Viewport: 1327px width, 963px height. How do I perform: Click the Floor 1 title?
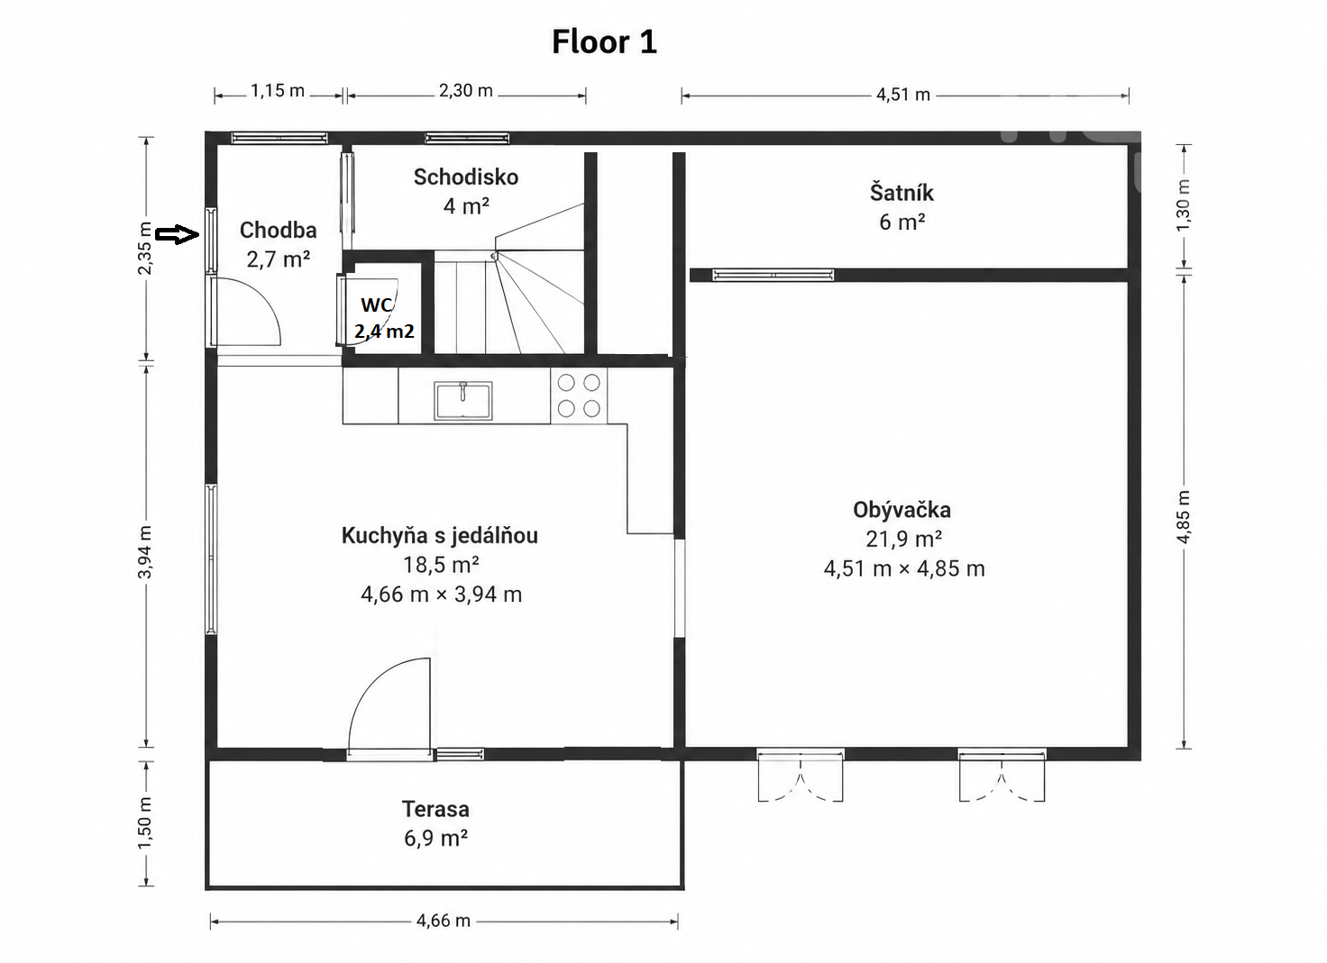coord(604,42)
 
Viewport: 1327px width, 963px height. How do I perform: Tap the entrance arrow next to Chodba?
coord(177,234)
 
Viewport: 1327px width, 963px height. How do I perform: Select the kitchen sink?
coord(463,400)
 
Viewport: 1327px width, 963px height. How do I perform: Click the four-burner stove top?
coord(579,396)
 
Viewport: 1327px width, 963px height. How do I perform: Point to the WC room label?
coord(377,304)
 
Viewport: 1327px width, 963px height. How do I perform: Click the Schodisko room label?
coord(466,177)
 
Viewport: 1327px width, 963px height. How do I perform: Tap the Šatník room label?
coord(901,193)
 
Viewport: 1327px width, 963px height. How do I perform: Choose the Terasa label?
coord(435,809)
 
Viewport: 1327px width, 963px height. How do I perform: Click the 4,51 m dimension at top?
coord(903,95)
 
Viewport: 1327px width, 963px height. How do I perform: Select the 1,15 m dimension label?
coord(278,91)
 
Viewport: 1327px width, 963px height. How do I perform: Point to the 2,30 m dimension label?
coord(466,91)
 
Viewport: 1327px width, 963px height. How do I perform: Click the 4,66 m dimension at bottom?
coord(444,921)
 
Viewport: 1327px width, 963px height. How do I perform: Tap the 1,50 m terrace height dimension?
coord(145,822)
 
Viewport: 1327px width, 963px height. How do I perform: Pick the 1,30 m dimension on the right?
coord(1183,205)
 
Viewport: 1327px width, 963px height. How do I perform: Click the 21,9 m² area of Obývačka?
coord(904,540)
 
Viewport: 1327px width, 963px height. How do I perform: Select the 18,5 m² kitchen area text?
coord(441,565)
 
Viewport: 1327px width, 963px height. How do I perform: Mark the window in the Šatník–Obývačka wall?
coord(773,275)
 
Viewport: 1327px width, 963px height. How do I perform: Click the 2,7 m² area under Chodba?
coord(279,259)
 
